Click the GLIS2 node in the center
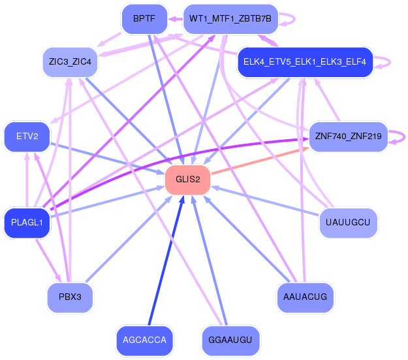pyautogui.click(x=187, y=180)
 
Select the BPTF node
pyautogui.click(x=144, y=19)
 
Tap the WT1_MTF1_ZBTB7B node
pyautogui.click(x=230, y=19)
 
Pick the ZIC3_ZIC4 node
pyautogui.click(x=70, y=62)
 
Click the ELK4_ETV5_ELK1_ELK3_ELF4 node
pyautogui.click(x=305, y=62)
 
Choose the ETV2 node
pyautogui.click(x=27, y=137)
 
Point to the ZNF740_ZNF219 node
pyautogui.click(x=348, y=137)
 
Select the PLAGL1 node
pyautogui.click(x=27, y=223)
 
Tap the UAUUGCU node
pyautogui.click(x=348, y=223)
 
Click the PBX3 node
pyautogui.click(x=70, y=297)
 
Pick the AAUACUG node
pyautogui.click(x=305, y=297)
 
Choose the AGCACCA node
pyautogui.click(x=144, y=340)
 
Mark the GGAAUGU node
pyautogui.click(x=230, y=340)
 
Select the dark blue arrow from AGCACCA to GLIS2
pyautogui.click(x=166, y=261)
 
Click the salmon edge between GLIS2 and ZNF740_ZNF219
pyautogui.click(x=260, y=161)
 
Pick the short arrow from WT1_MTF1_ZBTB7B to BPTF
pyautogui.click(x=176, y=19)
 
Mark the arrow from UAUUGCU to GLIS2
pyautogui.click(x=266, y=201)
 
